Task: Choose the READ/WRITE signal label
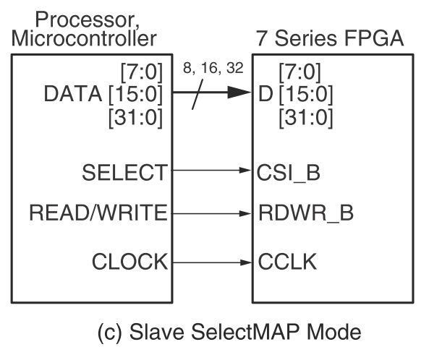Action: [x=98, y=214]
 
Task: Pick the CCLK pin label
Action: [x=285, y=261]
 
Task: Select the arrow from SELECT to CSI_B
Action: [x=211, y=172]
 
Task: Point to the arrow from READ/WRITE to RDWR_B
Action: [x=211, y=214]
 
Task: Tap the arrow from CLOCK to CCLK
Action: [x=211, y=261]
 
